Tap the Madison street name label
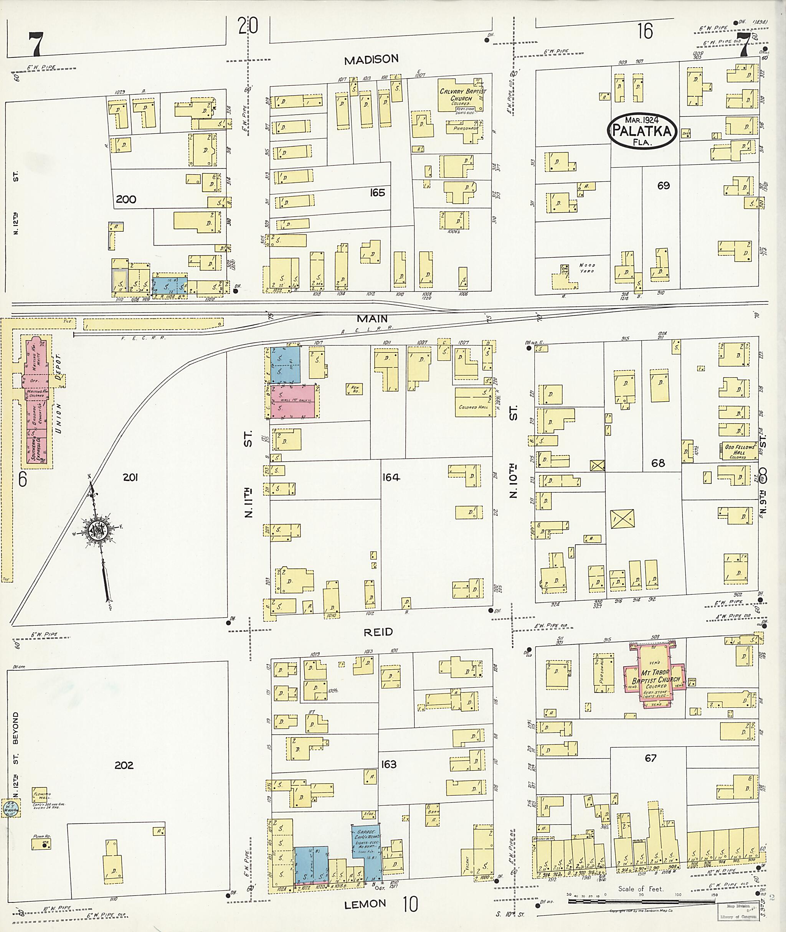coord(371,59)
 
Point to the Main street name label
coord(372,318)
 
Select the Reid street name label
coord(378,632)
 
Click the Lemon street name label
coord(365,904)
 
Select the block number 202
coord(124,765)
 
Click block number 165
coord(377,193)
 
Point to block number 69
coord(663,185)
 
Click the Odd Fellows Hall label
coord(740,450)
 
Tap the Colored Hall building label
coord(473,407)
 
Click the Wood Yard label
coord(587,268)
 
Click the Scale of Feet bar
coord(642,902)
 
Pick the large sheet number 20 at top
coord(248,25)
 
